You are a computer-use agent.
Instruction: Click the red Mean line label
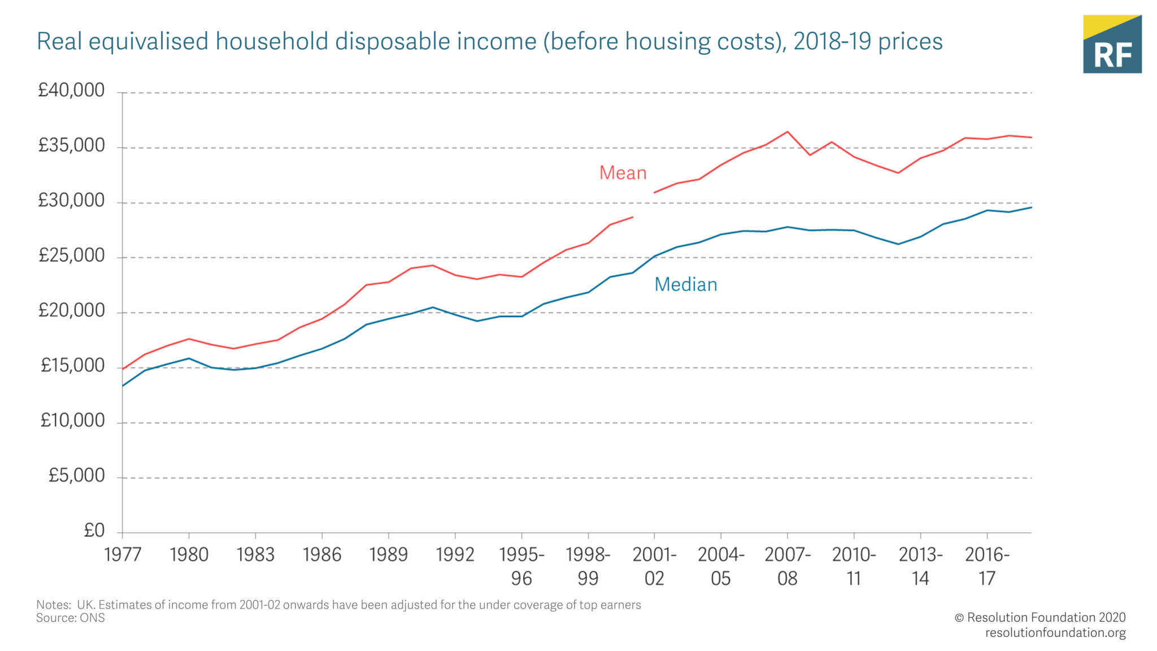[x=623, y=173]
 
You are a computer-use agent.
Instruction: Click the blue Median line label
[x=685, y=284]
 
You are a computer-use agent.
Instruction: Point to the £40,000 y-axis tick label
[x=71, y=90]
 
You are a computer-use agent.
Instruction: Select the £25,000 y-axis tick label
[x=71, y=256]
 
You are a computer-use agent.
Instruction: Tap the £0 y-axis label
[x=94, y=531]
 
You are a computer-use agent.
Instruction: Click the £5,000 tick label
[x=76, y=476]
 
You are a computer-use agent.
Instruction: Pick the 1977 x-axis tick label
[x=123, y=555]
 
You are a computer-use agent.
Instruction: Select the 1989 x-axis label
[x=388, y=555]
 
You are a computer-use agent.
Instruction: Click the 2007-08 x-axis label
[x=787, y=566]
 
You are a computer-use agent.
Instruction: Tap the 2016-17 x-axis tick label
[x=986, y=566]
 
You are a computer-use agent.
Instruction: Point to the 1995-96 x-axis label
[x=521, y=566]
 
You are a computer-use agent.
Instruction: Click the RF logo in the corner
[x=1112, y=44]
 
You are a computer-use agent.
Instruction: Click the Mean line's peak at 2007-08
[x=787, y=132]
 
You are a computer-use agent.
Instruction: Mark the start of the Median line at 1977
[x=123, y=386]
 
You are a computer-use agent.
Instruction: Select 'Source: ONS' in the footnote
[x=71, y=618]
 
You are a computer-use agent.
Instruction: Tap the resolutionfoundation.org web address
[x=1055, y=632]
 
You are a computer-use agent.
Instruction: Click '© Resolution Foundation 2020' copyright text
[x=1039, y=617]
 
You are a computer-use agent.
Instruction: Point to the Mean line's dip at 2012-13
[x=898, y=173]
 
